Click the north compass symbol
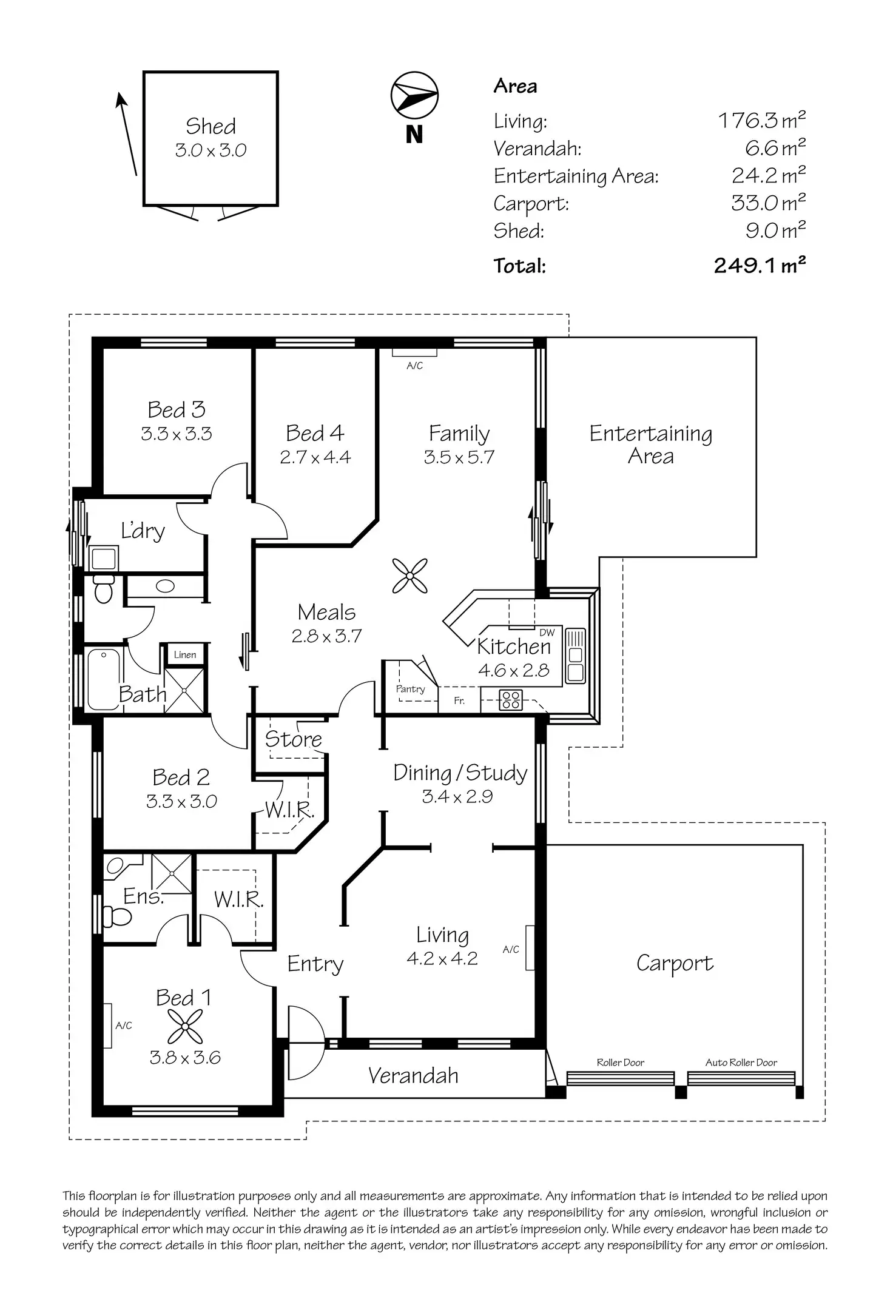[414, 95]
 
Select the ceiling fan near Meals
[409, 576]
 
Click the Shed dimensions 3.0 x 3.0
[211, 150]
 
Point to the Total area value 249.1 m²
[760, 265]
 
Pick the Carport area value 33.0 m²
[768, 202]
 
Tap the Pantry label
[410, 689]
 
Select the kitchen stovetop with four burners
[510, 700]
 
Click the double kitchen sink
[575, 655]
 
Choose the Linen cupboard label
[184, 654]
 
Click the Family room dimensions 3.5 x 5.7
[459, 457]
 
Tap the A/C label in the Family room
[414, 366]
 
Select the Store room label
[294, 739]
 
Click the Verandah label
[413, 1075]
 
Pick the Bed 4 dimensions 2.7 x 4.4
[315, 457]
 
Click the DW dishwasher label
[547, 633]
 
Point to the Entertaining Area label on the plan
[651, 445]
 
